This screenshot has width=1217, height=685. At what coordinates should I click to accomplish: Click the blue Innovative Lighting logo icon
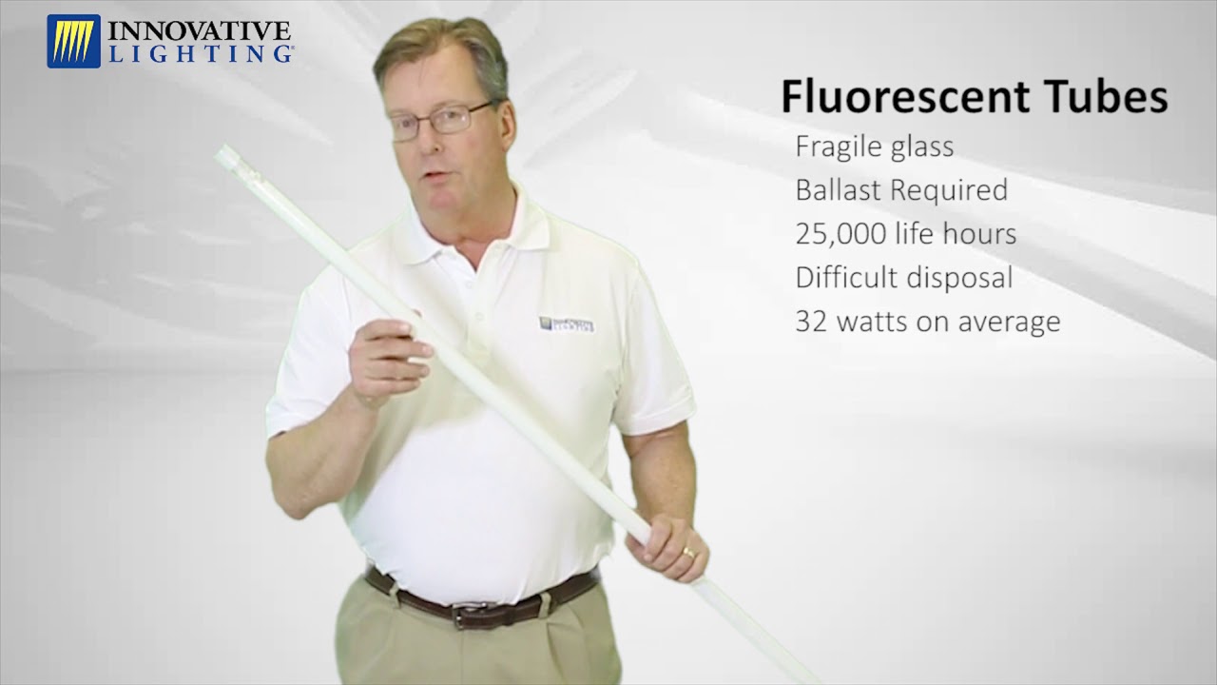pyautogui.click(x=73, y=41)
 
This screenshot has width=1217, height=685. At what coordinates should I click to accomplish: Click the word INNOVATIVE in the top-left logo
pyautogui.click(x=200, y=30)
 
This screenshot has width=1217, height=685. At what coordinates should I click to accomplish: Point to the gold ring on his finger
pyautogui.click(x=688, y=552)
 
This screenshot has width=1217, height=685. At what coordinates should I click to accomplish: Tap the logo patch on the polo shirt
pyautogui.click(x=567, y=324)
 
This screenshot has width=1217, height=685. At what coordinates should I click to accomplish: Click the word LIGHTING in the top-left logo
pyautogui.click(x=200, y=54)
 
